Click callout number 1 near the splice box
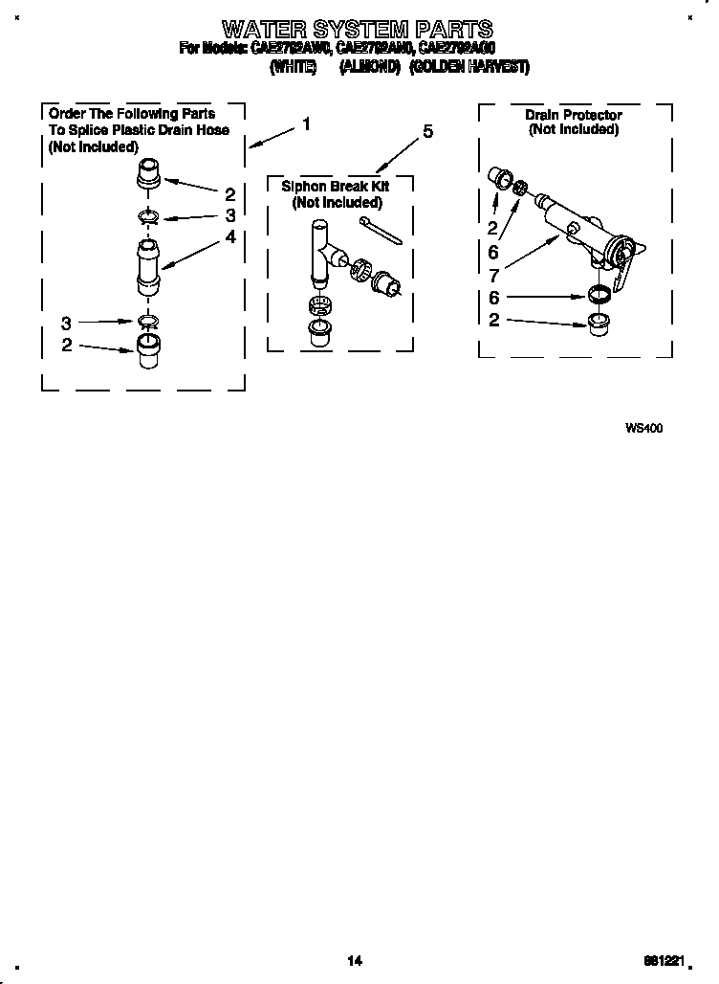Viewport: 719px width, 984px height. pos(306,123)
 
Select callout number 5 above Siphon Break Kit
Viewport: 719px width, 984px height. pos(426,132)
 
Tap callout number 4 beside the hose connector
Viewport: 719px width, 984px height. pos(230,236)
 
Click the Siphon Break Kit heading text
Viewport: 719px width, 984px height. pos(336,187)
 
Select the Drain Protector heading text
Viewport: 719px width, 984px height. pos(573,115)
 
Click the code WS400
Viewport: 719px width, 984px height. pos(643,428)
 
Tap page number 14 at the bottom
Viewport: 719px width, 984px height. pos(355,960)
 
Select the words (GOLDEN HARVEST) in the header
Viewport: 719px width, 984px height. pos(468,67)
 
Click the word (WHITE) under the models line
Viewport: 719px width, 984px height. pos(293,67)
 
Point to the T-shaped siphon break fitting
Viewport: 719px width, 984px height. pos(321,251)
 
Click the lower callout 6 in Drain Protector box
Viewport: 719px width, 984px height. pos(493,298)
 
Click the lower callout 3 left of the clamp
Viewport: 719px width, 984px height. pos(66,323)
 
